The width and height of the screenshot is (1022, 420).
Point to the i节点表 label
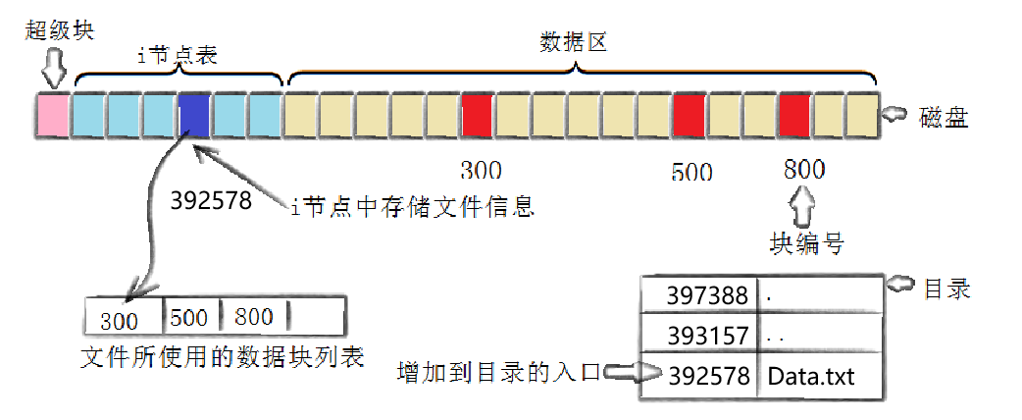[177, 55]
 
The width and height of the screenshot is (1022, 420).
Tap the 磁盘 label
[944, 119]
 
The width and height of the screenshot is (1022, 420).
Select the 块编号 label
[806, 243]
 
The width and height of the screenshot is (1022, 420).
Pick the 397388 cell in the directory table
[699, 294]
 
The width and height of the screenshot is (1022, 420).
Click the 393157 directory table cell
[699, 336]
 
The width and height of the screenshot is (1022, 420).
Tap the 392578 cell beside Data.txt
[699, 377]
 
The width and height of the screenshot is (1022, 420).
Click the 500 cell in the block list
[190, 318]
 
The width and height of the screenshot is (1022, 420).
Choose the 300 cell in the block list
[124, 320]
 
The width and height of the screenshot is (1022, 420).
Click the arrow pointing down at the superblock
[53, 68]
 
